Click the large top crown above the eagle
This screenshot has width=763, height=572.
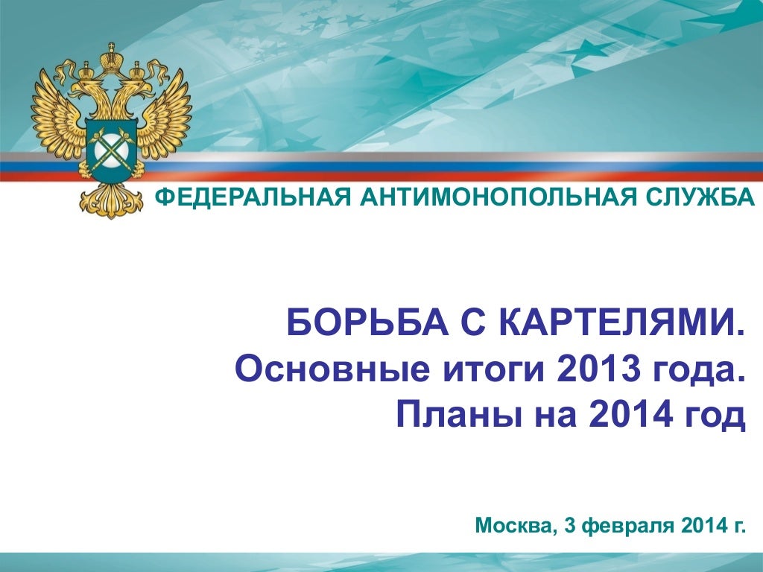tap(112, 58)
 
